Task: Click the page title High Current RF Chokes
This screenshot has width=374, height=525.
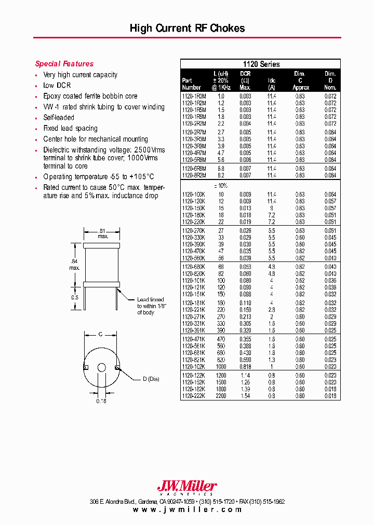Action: point(187,29)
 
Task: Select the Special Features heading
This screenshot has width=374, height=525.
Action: point(64,64)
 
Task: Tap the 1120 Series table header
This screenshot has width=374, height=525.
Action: point(261,64)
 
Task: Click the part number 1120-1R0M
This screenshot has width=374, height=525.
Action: point(194,96)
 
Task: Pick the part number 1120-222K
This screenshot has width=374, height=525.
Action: point(194,396)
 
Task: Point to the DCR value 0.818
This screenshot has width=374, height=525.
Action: point(245,366)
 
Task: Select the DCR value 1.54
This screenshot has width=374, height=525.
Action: point(245,396)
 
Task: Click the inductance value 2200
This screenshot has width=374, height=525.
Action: point(221,396)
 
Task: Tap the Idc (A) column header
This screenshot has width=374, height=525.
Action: point(272,84)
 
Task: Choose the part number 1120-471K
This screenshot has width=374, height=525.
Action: point(194,339)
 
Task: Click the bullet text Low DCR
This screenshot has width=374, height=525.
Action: point(57,86)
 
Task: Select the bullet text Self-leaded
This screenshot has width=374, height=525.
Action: point(59,118)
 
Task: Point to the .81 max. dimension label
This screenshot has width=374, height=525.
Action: point(102,233)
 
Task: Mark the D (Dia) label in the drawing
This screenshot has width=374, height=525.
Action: point(151,379)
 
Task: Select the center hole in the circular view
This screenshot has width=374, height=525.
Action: point(102,368)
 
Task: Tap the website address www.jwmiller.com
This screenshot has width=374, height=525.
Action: point(187,509)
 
